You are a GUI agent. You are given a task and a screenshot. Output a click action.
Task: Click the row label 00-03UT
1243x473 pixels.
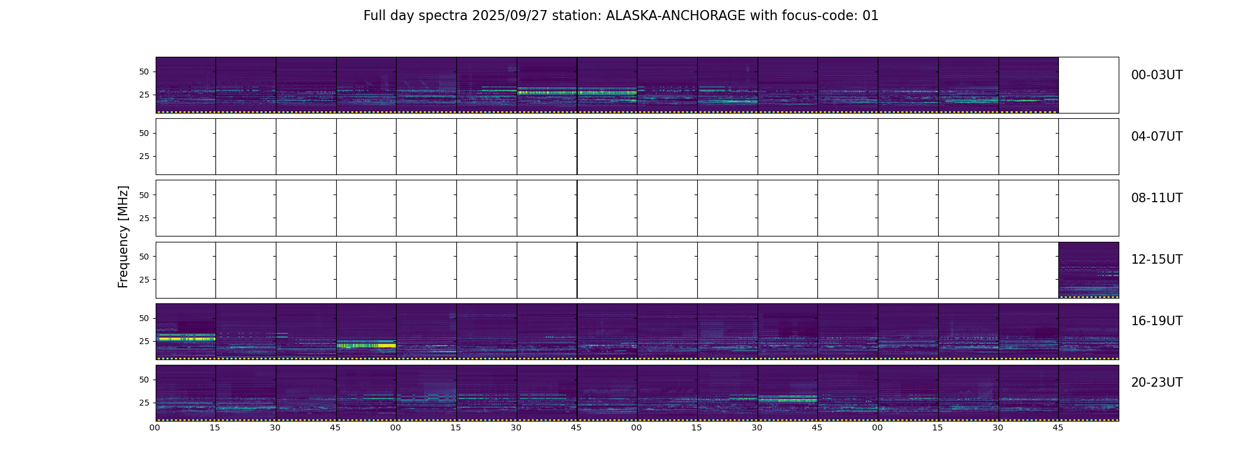(x=1157, y=75)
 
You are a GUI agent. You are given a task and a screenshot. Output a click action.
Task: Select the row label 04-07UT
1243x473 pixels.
(x=1157, y=137)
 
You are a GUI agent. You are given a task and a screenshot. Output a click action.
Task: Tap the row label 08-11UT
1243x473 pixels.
(x=1157, y=198)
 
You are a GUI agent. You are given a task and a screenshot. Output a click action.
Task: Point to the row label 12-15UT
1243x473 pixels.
(x=1157, y=260)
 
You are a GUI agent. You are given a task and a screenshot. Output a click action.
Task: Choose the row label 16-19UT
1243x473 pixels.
(x=1157, y=321)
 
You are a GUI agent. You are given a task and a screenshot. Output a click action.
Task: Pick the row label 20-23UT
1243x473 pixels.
(x=1157, y=383)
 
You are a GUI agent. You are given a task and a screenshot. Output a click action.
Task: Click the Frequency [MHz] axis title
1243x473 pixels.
(x=123, y=237)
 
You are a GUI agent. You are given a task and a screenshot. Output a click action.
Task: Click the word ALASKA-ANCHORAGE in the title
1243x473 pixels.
(x=675, y=16)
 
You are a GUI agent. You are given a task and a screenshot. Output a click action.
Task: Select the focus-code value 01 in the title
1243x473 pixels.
(x=871, y=16)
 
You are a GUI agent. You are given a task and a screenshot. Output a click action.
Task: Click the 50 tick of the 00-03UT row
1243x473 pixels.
(x=144, y=72)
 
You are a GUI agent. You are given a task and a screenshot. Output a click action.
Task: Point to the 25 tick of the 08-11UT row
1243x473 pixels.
(x=144, y=218)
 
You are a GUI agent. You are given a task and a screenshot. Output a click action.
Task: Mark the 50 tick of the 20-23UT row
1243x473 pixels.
(x=144, y=380)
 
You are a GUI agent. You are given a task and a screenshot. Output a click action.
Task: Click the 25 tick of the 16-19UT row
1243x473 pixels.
(x=144, y=341)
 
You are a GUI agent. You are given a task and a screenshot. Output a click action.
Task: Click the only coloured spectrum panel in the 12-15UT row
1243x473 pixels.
(x=1089, y=270)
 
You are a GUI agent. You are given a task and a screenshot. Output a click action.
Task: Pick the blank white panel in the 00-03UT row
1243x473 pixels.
(x=1089, y=85)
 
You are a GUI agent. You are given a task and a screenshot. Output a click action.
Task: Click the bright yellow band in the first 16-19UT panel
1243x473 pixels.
(x=186, y=339)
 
